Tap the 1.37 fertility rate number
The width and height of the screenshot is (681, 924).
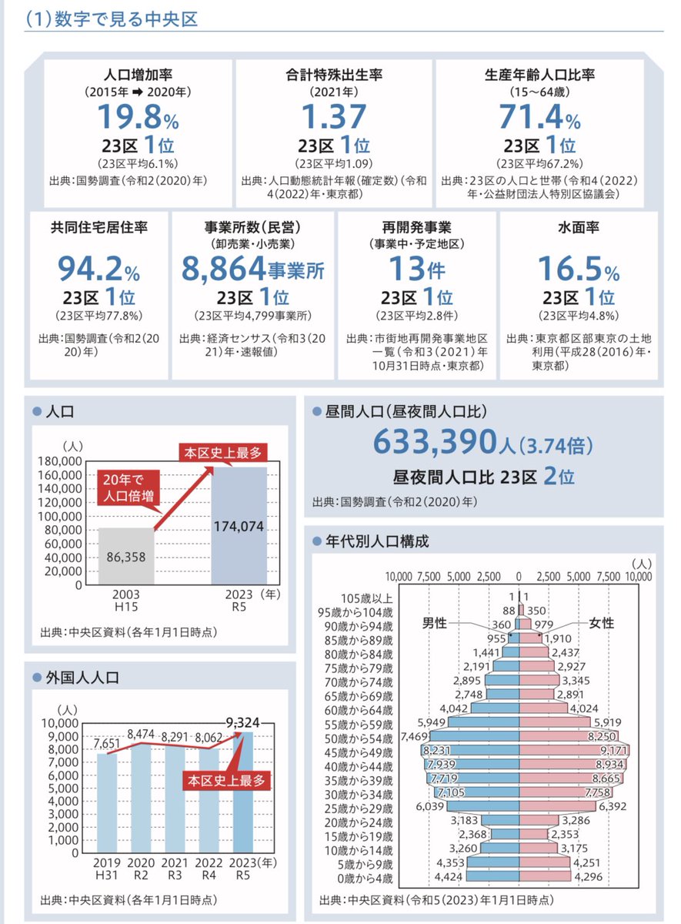333,117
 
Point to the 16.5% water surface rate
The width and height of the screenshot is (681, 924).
578,269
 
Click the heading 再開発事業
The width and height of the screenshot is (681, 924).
416,228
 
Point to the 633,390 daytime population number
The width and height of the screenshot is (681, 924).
443,441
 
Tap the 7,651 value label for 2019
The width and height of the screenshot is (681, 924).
108,743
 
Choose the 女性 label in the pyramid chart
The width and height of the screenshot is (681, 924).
601,623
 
